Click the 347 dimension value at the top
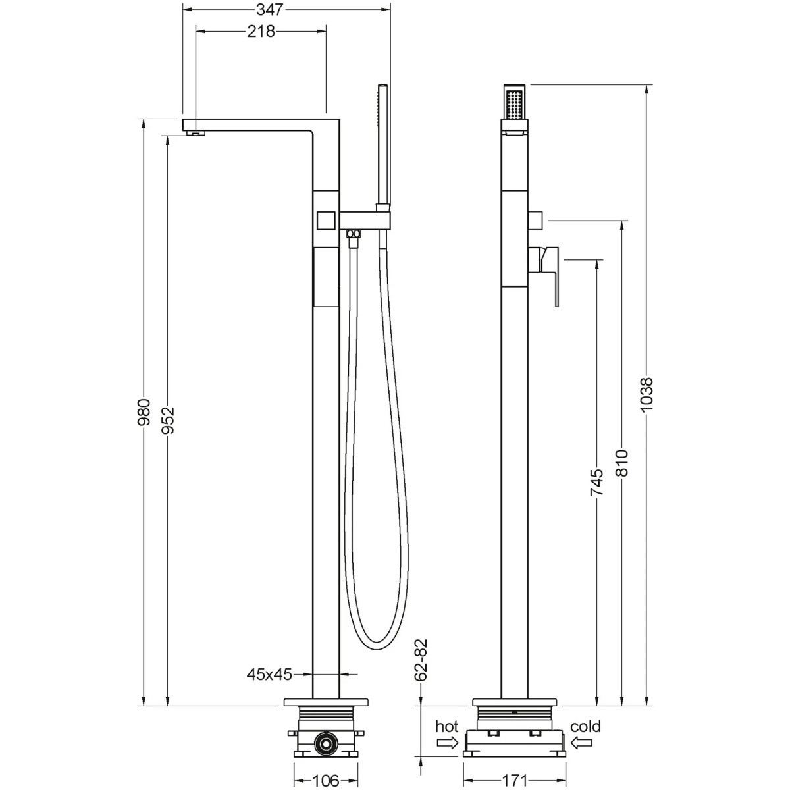(270, 9)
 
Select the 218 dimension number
(261, 31)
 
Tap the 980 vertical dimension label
(144, 411)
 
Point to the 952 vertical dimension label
(168, 420)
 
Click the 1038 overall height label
(646, 395)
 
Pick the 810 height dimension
(622, 463)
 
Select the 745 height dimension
(597, 483)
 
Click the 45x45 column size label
(269, 674)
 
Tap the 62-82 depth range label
(421, 660)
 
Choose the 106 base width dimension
(326, 781)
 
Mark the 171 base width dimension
(514, 781)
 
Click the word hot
(446, 726)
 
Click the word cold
(585, 726)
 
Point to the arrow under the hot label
(447, 743)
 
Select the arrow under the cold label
(581, 743)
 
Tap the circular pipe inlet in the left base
(326, 743)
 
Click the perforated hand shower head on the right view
(514, 102)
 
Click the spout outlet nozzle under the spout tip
(196, 132)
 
